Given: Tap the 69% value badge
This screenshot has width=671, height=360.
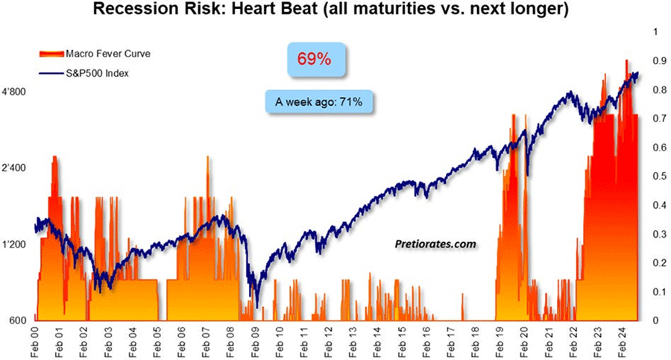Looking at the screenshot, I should coord(314,59).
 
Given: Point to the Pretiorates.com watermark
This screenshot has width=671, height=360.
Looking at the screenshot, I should coord(435,243).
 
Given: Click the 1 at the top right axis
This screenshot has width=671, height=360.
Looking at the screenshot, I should coord(655,33).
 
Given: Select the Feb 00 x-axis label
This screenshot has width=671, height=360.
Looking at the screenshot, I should coord(37,339).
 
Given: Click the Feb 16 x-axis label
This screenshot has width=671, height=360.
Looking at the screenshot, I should coord(426,339).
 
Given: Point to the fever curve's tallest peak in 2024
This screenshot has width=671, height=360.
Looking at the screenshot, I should coord(627,60).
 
